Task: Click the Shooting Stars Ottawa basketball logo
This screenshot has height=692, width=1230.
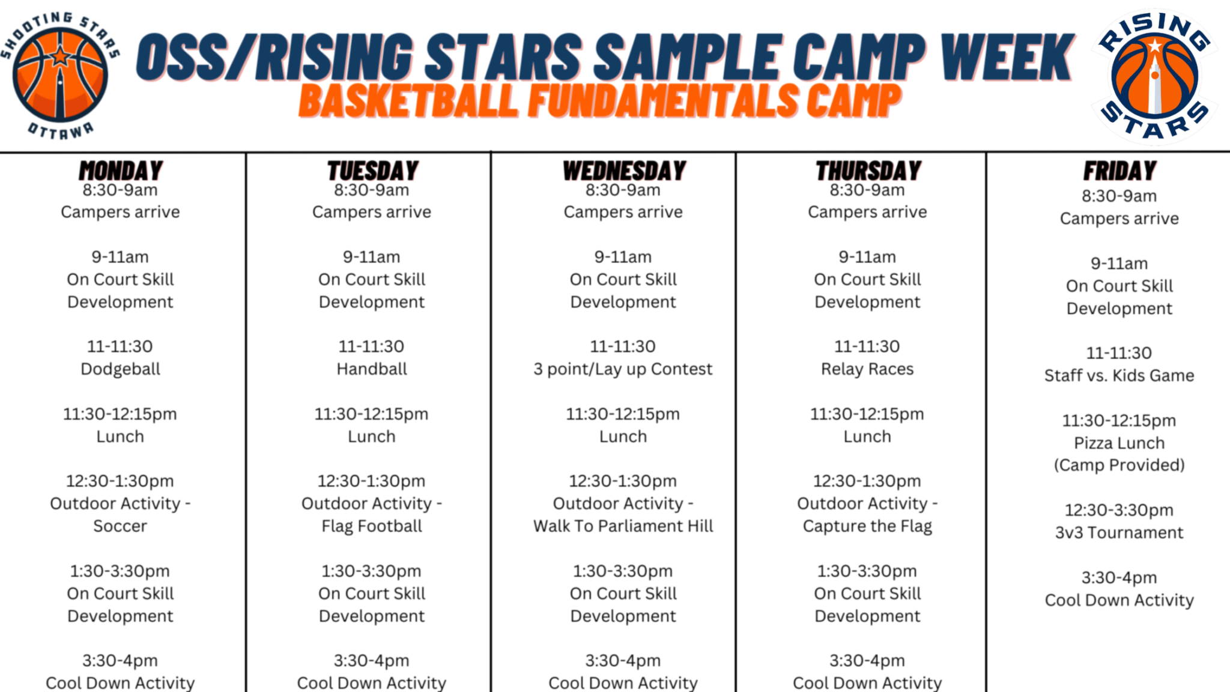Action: (60, 75)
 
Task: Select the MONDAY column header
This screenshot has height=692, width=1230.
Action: (121, 171)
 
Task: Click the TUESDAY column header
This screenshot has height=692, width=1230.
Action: (372, 171)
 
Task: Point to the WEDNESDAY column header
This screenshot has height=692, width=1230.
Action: (624, 171)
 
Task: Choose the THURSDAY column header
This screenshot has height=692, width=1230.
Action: (868, 171)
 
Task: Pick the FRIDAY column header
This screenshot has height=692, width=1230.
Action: (1119, 171)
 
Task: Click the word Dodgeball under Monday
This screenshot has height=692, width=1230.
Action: (121, 369)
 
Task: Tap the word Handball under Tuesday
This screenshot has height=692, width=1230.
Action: (372, 369)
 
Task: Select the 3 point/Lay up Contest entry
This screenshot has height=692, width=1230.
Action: (623, 369)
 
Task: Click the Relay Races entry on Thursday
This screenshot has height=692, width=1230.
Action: (867, 369)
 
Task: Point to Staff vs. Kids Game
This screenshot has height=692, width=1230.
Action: (1119, 375)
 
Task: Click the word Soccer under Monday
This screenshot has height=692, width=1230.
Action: (120, 526)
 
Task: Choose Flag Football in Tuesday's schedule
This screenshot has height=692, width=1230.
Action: (372, 526)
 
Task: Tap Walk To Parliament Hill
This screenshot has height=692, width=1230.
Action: (623, 526)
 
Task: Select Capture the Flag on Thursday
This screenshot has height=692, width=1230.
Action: (867, 526)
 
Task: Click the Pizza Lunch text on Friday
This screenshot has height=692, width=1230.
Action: (1119, 443)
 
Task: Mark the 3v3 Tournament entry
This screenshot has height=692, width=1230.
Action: (1119, 533)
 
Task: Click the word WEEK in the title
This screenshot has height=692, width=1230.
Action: (1007, 57)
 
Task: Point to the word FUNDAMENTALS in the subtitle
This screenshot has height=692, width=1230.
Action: (664, 101)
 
